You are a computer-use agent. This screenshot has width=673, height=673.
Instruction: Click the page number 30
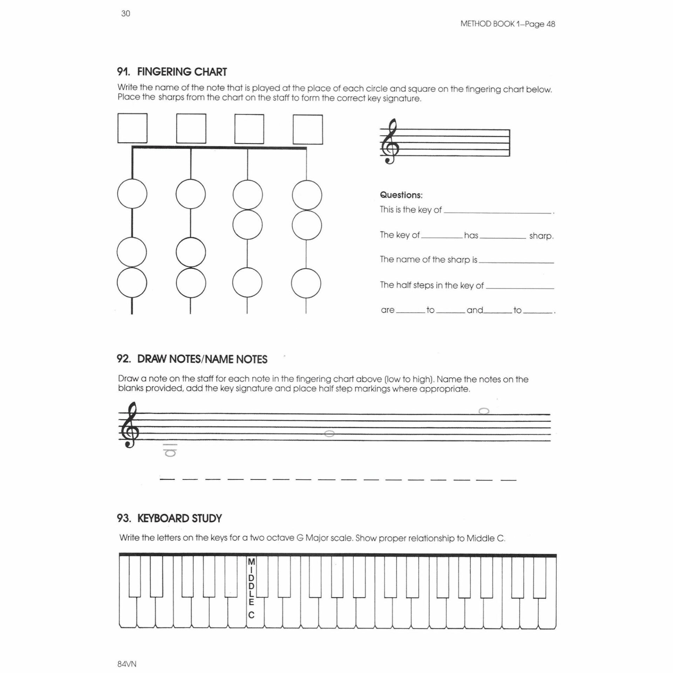tap(125, 14)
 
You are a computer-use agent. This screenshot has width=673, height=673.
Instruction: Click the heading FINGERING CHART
tap(182, 72)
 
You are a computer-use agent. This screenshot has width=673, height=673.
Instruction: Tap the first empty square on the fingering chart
tap(132, 128)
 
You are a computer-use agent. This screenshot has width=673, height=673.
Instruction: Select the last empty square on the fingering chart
tap(307, 129)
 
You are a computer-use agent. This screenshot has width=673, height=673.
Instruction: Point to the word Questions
tap(401, 195)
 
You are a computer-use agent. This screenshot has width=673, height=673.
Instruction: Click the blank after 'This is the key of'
tap(497, 211)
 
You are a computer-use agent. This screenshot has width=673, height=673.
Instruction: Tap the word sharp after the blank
tap(541, 236)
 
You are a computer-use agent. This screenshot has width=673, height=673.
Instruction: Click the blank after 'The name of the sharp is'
tap(516, 261)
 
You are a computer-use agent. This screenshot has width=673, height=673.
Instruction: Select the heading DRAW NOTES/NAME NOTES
tap(202, 359)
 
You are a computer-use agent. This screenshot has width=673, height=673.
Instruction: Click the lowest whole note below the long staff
tap(171, 453)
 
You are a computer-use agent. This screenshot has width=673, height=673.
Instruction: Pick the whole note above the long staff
tap(484, 411)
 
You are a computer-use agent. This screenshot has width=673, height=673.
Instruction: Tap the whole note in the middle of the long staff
tap(329, 434)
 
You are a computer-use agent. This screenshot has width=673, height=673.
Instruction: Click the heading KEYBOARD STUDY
tap(179, 518)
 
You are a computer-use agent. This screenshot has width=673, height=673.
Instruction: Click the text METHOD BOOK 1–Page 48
tap(508, 24)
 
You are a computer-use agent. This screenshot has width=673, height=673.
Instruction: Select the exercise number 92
tap(124, 359)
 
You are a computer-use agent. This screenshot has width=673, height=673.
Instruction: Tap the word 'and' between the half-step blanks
tap(475, 310)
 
